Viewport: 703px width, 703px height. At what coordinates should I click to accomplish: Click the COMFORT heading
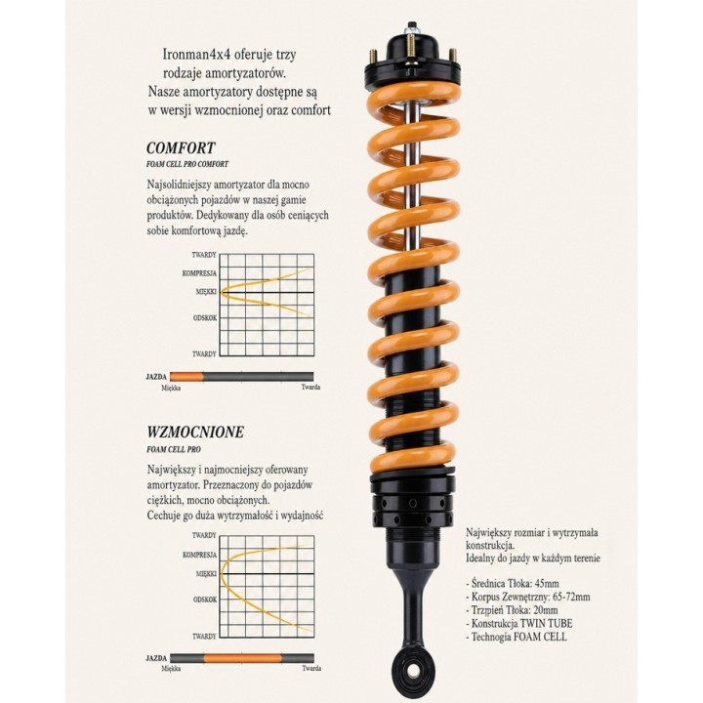(x=181, y=148)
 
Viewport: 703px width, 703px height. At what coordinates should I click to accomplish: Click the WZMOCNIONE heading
(x=195, y=433)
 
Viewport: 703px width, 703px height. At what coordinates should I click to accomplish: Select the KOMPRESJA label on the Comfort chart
(x=199, y=273)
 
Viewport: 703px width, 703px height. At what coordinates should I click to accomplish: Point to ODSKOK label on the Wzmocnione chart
(x=205, y=600)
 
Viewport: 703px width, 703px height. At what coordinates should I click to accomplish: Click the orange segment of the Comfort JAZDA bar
(x=186, y=377)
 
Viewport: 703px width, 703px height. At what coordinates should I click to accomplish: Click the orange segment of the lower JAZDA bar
(x=242, y=658)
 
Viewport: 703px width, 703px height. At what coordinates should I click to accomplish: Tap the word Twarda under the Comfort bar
(x=310, y=387)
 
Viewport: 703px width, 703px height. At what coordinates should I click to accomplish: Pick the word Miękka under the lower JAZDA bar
(x=171, y=669)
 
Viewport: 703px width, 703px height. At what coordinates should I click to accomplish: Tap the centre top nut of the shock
(x=411, y=27)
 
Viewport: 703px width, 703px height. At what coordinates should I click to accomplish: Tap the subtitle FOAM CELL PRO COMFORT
(x=187, y=164)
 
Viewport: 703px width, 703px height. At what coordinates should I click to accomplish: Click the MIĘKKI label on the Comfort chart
(x=206, y=291)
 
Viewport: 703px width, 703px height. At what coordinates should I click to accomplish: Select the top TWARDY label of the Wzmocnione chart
(x=204, y=535)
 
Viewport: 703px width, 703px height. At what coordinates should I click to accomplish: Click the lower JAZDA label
(x=156, y=658)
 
